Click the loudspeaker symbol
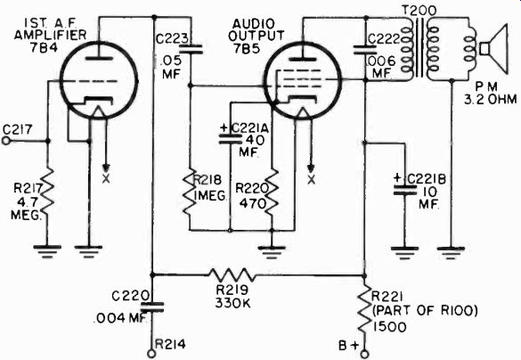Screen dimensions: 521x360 point(493,50)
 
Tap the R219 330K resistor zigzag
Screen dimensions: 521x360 point(232,275)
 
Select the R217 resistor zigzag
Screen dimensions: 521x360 point(48,192)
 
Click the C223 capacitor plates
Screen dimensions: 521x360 point(190,49)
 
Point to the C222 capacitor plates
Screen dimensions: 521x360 point(365,50)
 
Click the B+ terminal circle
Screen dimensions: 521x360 point(365,354)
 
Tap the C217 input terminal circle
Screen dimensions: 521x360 point(5,141)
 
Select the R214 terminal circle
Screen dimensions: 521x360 point(151,354)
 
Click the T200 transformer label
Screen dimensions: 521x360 point(419,12)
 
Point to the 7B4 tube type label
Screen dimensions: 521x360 point(44,47)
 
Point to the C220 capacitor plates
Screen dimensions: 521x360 point(152,307)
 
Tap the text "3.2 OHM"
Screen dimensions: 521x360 point(491,100)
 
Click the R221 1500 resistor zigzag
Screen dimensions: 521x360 point(365,309)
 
